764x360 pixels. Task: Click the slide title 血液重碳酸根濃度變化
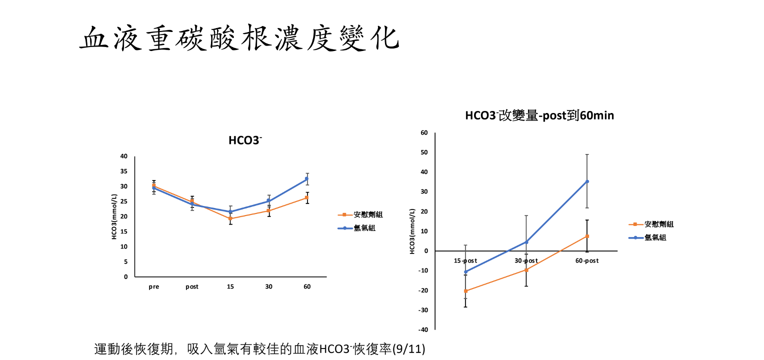[x=239, y=38]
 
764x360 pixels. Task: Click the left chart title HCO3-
[x=245, y=140]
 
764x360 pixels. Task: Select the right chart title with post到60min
[x=539, y=115]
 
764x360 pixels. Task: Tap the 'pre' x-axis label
[x=154, y=287]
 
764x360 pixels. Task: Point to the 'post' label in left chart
[x=192, y=287]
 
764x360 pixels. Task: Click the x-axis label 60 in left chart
[x=307, y=287]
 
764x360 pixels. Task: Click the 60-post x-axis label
[x=587, y=261]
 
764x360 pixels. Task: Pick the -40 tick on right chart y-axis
[x=423, y=330]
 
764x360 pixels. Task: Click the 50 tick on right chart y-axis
[x=424, y=152]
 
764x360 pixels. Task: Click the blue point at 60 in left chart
[x=307, y=178]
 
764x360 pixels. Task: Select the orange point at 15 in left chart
[x=230, y=218]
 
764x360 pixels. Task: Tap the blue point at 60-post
[x=587, y=181]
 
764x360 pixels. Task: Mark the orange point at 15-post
[x=466, y=291]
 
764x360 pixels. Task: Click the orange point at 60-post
[x=587, y=236]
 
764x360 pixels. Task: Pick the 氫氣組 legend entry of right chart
[x=655, y=238]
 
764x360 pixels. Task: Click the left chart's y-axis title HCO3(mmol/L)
[x=114, y=216]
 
